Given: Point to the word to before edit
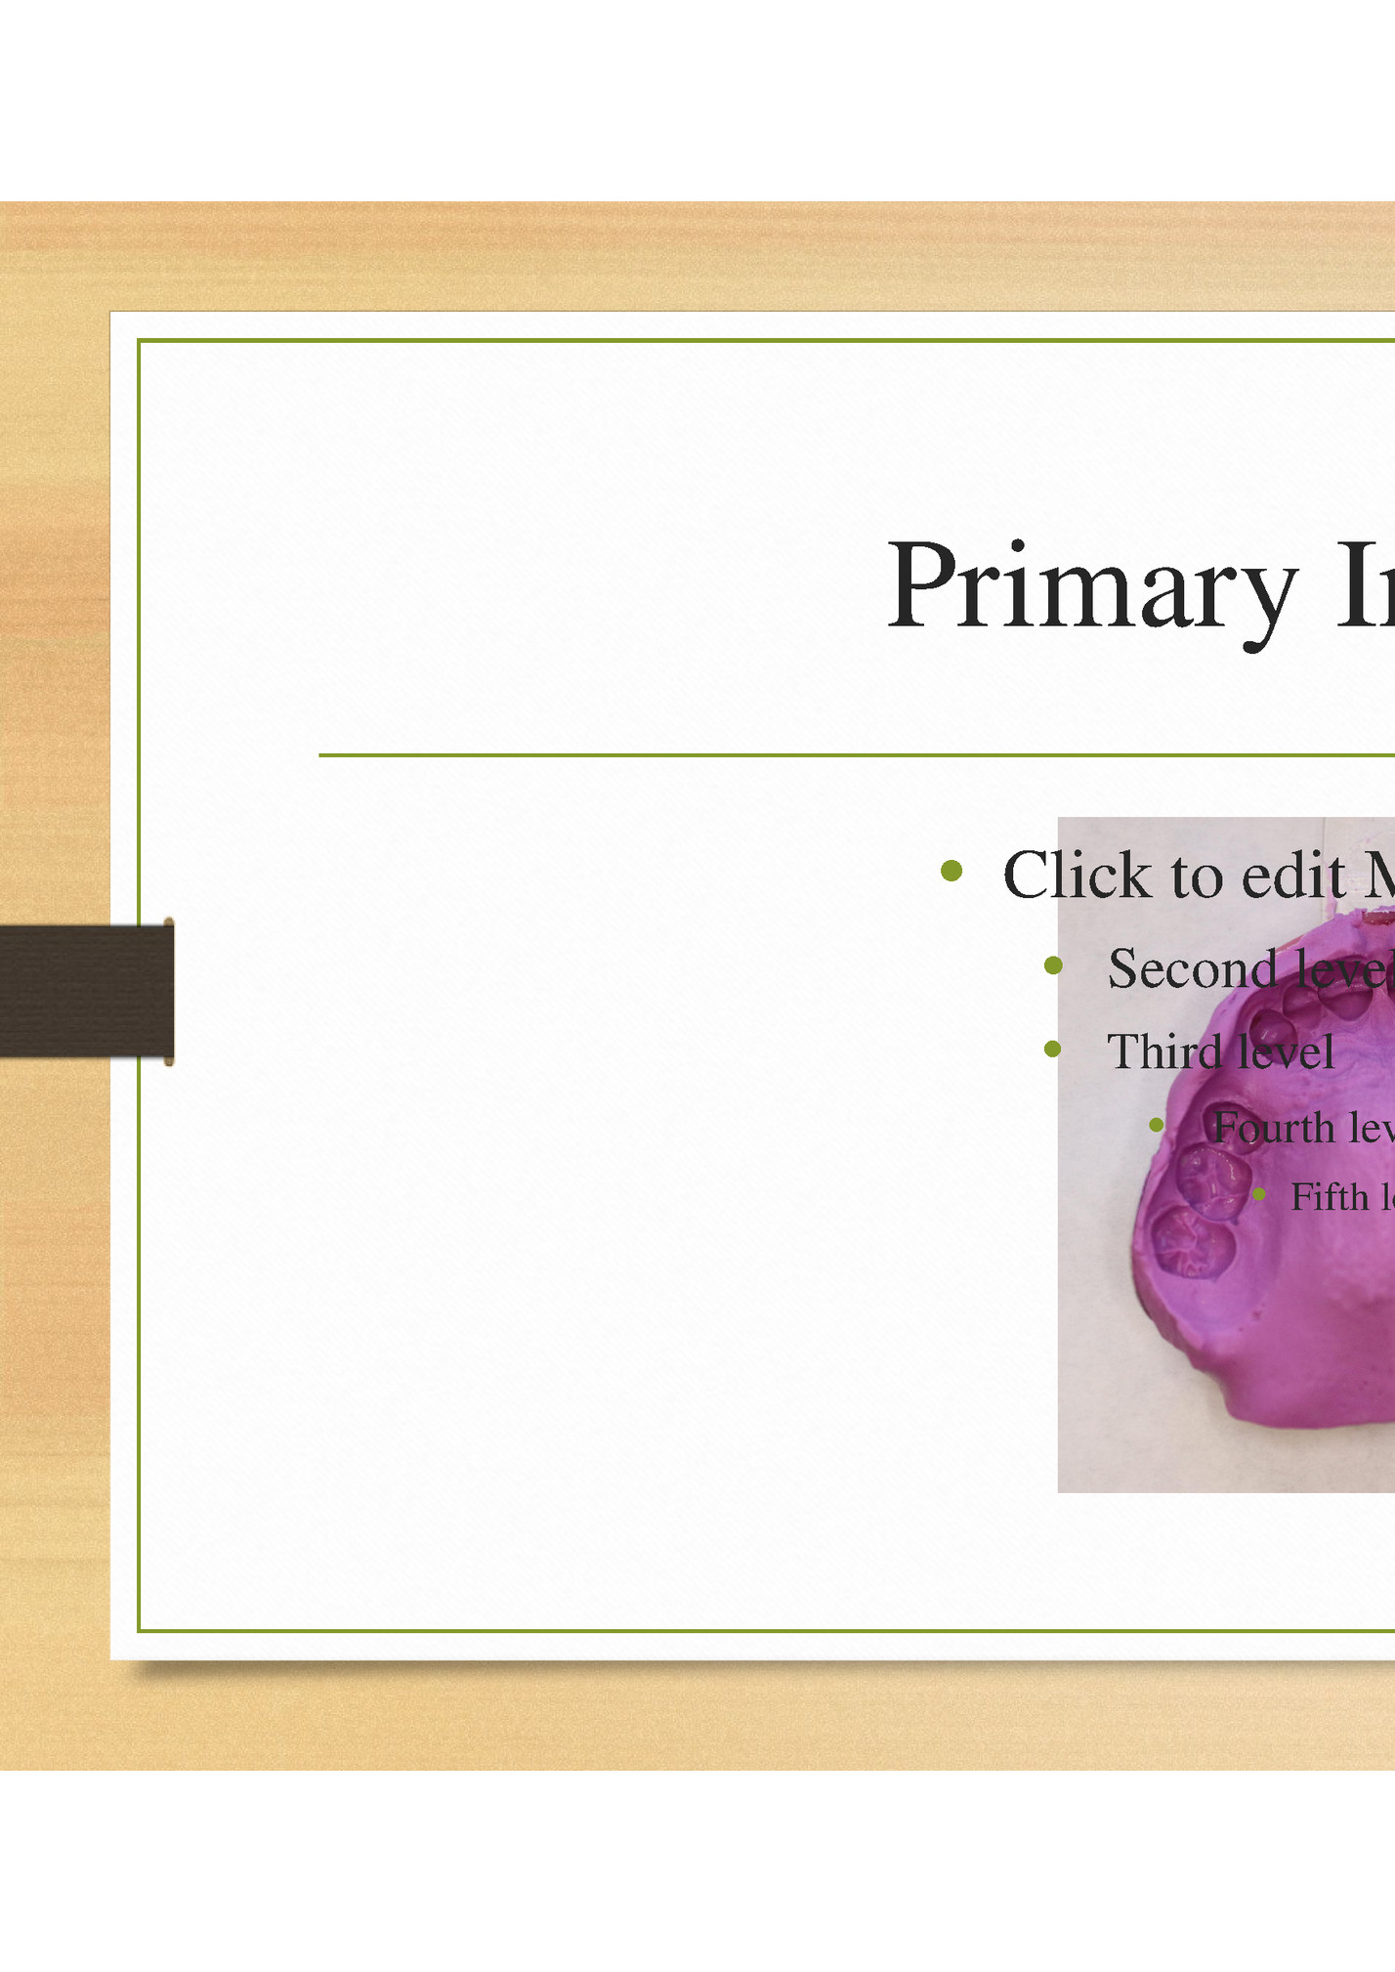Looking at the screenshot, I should [x=1197, y=877].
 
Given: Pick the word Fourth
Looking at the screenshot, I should [x=1273, y=1129].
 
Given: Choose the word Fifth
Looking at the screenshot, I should [x=1330, y=1197].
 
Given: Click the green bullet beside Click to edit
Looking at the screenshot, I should [x=951, y=870].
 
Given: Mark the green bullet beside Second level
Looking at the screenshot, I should [x=1052, y=965].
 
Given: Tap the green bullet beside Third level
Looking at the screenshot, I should [x=1052, y=1050].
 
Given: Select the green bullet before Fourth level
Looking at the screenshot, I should [x=1157, y=1126].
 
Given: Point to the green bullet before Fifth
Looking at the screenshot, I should [x=1259, y=1194].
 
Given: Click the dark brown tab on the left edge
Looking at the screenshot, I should [x=86, y=991].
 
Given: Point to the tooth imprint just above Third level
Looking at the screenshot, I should [x=1271, y=1028].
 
